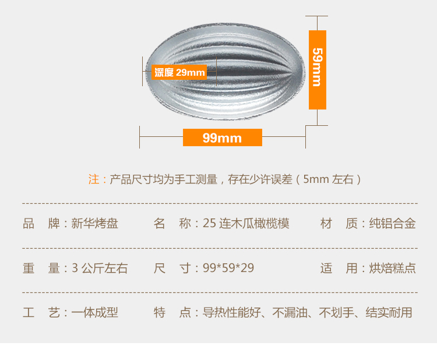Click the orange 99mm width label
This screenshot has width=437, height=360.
[223, 137]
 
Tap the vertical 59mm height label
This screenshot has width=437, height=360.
[318, 70]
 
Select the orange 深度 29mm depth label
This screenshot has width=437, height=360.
[179, 72]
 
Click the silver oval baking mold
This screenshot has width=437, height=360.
[225, 71]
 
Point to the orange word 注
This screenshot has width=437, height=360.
[94, 179]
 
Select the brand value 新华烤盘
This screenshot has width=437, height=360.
[94, 224]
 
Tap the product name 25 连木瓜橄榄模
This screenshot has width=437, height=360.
[246, 224]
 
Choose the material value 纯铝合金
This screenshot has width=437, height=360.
[392, 224]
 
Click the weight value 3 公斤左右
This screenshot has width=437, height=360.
[100, 268]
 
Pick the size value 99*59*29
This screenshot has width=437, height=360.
[228, 268]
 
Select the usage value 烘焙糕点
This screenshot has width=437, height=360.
[392, 268]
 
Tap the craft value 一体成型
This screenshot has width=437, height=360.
[94, 313]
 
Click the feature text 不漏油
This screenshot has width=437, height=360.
[290, 313]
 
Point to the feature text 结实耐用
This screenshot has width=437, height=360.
[389, 313]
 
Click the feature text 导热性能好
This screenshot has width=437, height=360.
[231, 313]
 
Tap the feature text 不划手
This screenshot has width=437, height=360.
[336, 313]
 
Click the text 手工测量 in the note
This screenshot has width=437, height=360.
[196, 179]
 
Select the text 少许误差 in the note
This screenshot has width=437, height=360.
[270, 179]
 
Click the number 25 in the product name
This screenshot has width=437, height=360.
[209, 224]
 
